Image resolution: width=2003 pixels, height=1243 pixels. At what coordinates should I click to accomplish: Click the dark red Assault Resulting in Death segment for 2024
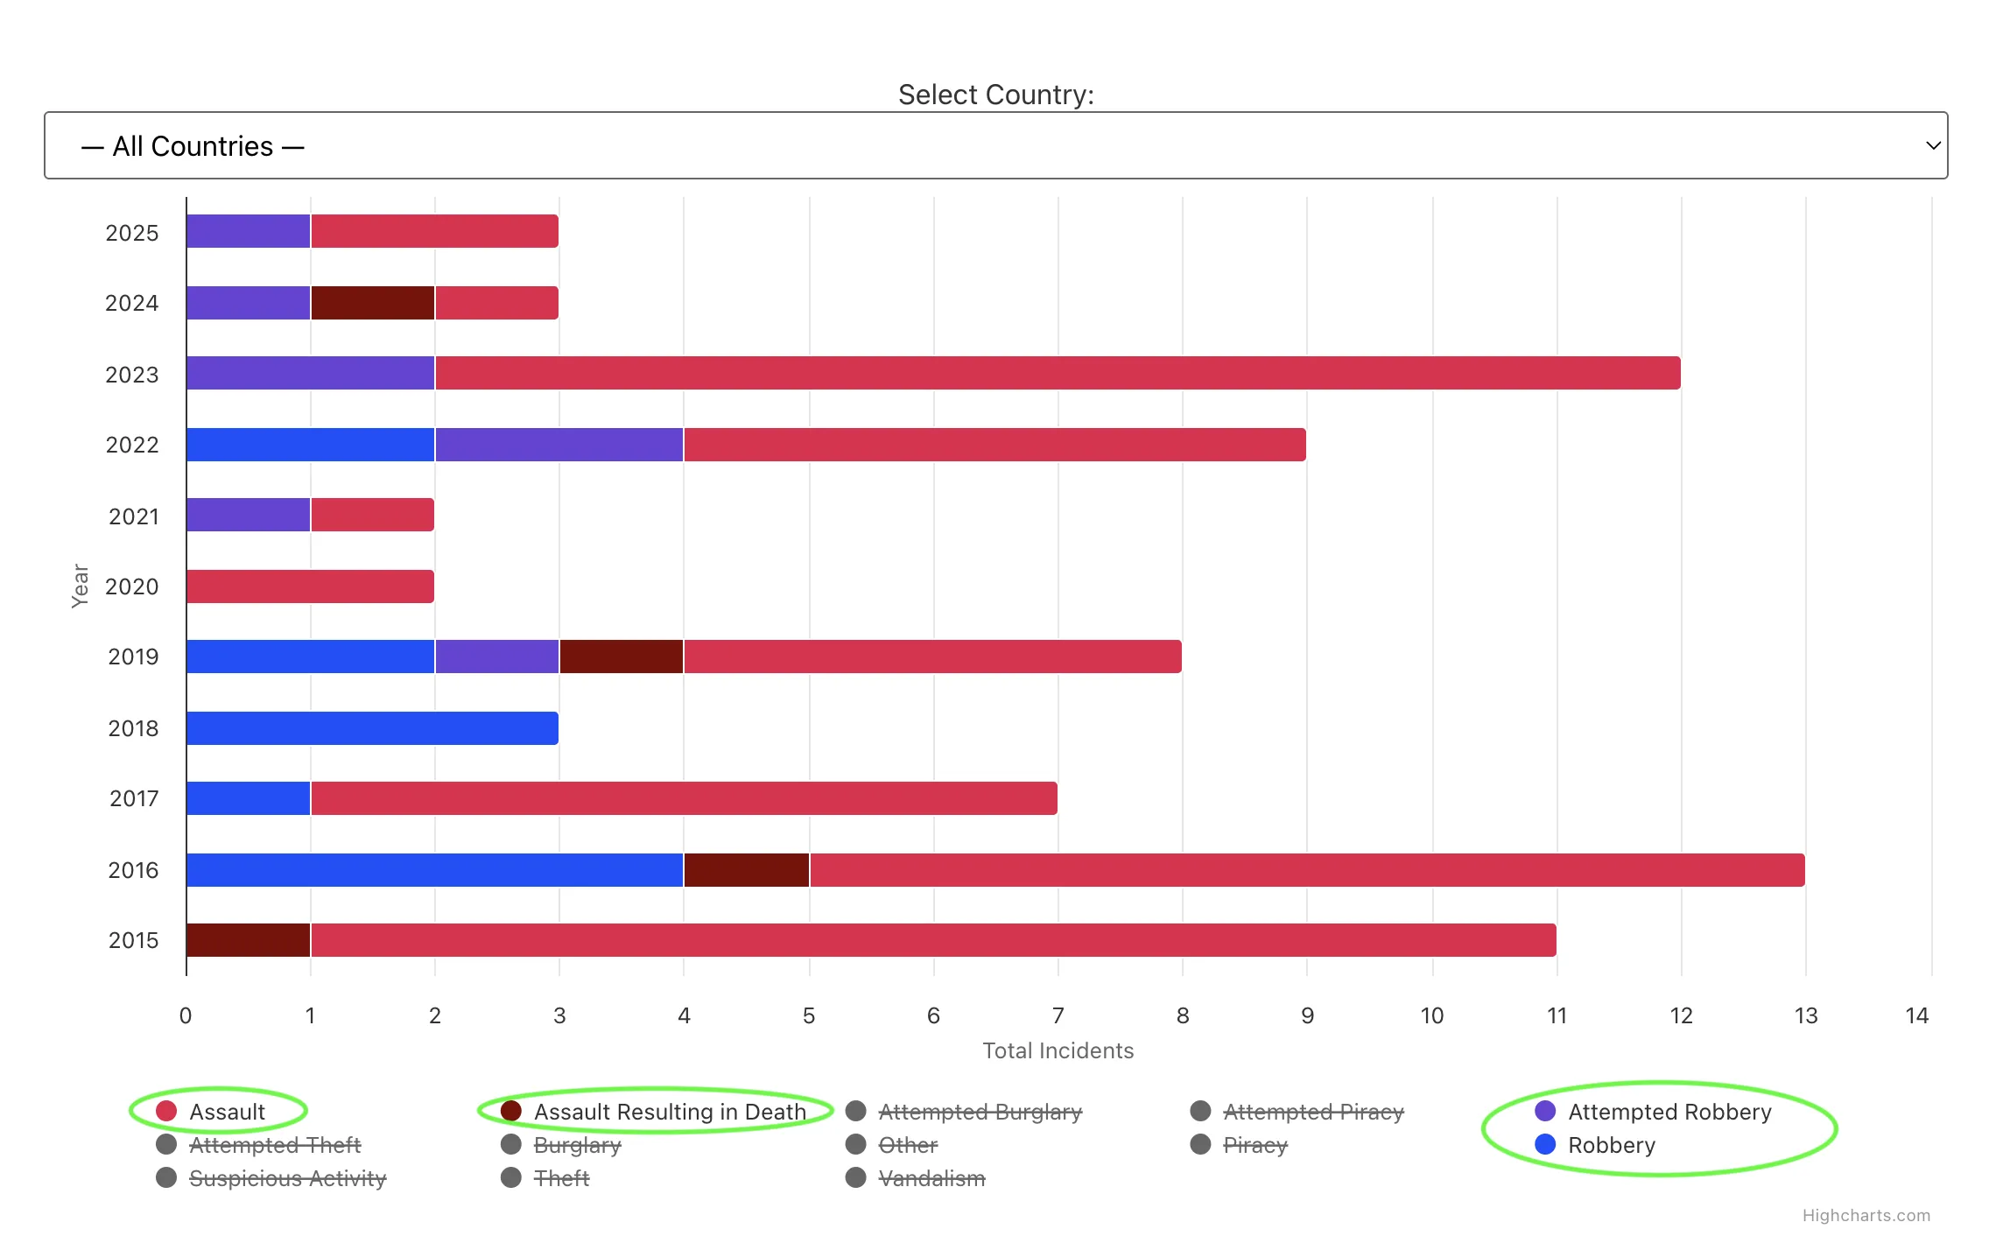pyautogui.click(x=373, y=303)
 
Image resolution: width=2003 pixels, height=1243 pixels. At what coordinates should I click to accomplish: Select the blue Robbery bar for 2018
pyautogui.click(x=372, y=728)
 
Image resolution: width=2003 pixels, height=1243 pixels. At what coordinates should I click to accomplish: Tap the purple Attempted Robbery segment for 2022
pyautogui.click(x=559, y=445)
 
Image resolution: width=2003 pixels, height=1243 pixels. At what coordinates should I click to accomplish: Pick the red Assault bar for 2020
pyautogui.click(x=310, y=586)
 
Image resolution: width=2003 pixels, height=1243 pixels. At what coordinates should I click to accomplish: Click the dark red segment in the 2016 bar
pyautogui.click(x=746, y=870)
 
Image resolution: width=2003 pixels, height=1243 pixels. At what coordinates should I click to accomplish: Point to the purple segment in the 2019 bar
pyautogui.click(x=497, y=657)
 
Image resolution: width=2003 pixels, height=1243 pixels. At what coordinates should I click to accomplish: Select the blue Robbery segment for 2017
pyautogui.click(x=249, y=798)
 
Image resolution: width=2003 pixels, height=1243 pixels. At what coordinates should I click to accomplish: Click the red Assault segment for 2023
pyautogui.click(x=1058, y=373)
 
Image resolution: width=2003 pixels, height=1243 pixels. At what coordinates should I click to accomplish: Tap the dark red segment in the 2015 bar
pyautogui.click(x=249, y=940)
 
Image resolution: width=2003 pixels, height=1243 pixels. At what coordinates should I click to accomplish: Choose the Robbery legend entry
pyautogui.click(x=1611, y=1145)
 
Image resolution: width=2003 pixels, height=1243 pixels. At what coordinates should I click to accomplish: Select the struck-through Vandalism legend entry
pyautogui.click(x=931, y=1178)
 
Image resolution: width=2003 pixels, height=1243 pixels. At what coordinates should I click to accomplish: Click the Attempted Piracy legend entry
pyautogui.click(x=1313, y=1112)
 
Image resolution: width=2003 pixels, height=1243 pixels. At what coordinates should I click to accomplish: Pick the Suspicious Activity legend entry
pyautogui.click(x=287, y=1178)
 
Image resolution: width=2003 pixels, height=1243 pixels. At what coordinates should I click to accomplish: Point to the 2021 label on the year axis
pyautogui.click(x=133, y=516)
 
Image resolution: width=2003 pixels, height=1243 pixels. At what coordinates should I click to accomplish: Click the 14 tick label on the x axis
pyautogui.click(x=1916, y=1015)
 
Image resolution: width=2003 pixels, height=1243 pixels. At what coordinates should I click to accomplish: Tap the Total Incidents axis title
pyautogui.click(x=1058, y=1050)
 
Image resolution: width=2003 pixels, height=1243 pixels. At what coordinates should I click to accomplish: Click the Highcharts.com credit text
pyautogui.click(x=1866, y=1215)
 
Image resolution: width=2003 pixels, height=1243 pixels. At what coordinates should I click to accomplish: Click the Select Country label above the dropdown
pyautogui.click(x=996, y=95)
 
